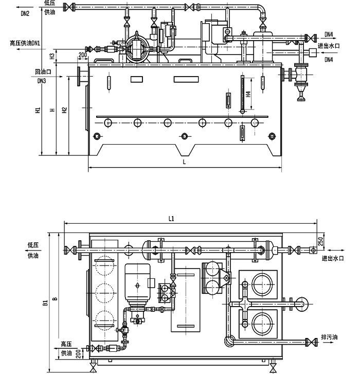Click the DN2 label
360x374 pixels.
click(25, 14)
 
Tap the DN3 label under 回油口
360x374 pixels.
click(41, 81)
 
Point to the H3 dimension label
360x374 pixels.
click(52, 56)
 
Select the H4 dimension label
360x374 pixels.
click(248, 94)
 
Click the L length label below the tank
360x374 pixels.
click(185, 162)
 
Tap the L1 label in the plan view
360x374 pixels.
click(172, 218)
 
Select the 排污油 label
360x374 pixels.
click(329, 337)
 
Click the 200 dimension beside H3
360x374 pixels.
click(82, 55)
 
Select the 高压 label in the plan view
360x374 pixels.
click(66, 344)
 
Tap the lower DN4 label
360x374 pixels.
click(329, 60)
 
